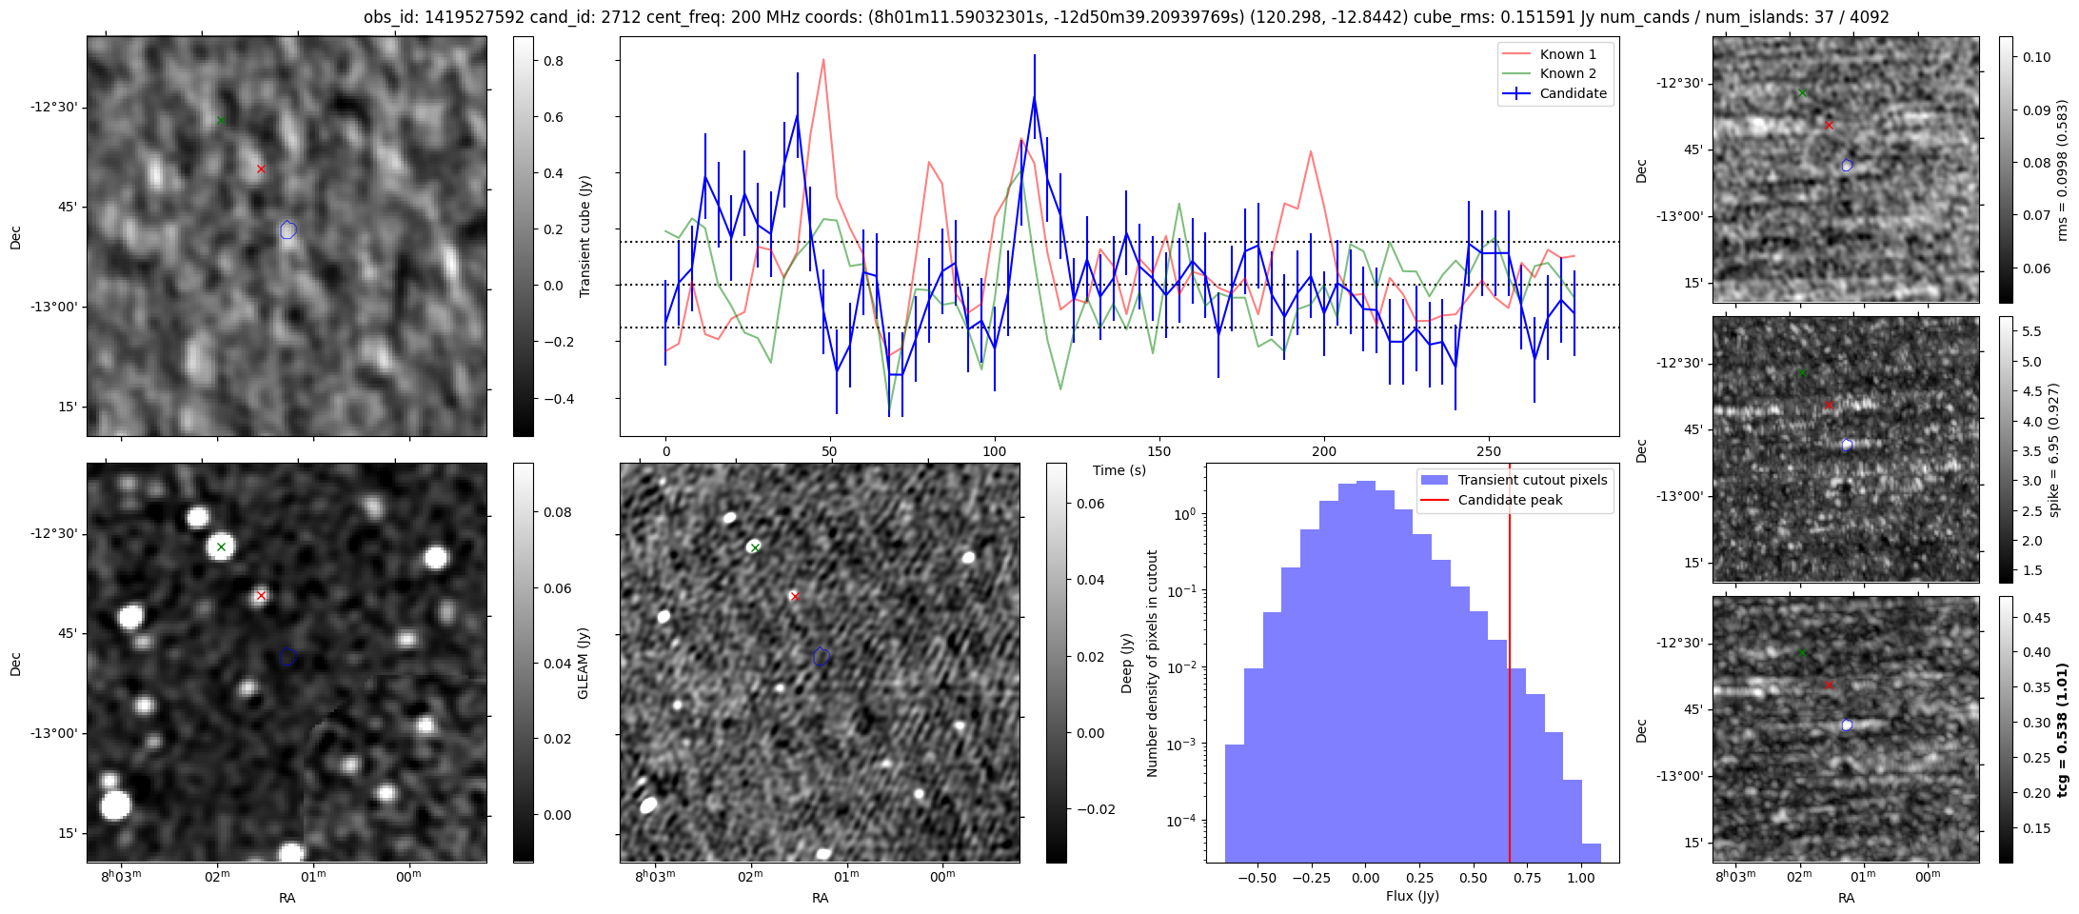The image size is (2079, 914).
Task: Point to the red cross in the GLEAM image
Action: tap(261, 596)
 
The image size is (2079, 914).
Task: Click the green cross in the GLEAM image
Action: tap(221, 546)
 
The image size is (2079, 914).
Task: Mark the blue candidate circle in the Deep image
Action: tap(822, 657)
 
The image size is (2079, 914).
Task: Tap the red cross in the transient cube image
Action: tap(261, 169)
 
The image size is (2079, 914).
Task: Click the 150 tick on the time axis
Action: tap(1159, 451)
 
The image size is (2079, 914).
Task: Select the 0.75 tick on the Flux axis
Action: tap(1527, 878)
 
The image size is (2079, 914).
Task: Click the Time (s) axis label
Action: tap(1119, 470)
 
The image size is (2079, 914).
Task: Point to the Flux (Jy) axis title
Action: tap(1413, 896)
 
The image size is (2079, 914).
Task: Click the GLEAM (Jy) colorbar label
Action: tap(583, 663)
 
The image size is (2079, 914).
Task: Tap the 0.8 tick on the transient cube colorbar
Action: tap(552, 61)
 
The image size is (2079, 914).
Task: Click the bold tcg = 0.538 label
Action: tap(2062, 730)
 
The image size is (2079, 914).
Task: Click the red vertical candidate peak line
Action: tap(1510, 666)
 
